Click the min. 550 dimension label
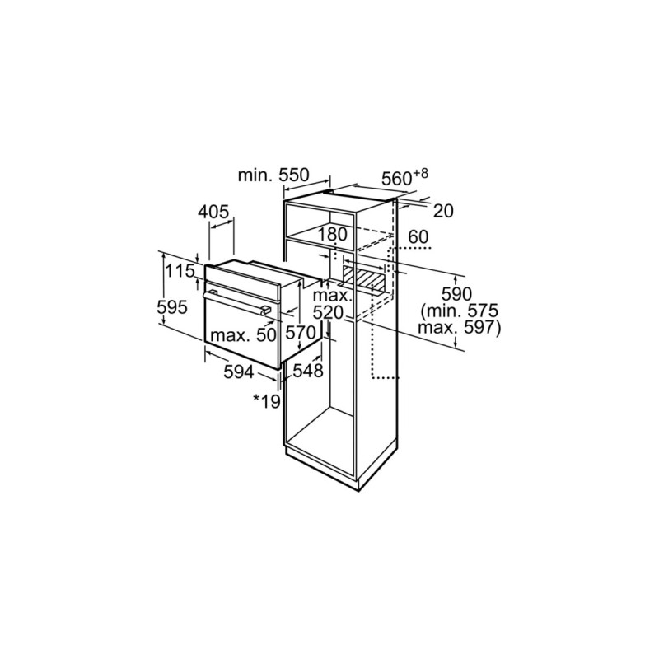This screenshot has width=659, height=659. (273, 175)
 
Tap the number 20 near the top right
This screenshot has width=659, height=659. (443, 211)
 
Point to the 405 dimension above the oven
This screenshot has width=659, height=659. (213, 212)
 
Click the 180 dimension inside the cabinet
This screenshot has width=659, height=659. (332, 235)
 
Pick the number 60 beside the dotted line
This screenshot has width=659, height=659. (418, 237)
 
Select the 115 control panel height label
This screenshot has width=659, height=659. (180, 271)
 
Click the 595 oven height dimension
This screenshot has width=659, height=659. (171, 307)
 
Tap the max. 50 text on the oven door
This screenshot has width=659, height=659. (243, 335)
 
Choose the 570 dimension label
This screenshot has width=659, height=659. (301, 333)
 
